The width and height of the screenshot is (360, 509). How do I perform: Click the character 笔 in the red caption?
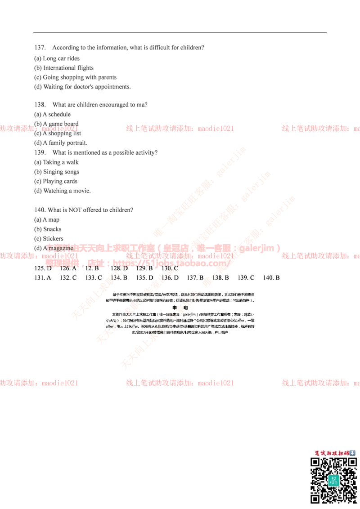pos(316,453)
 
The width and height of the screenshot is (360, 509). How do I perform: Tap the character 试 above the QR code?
pos(322,453)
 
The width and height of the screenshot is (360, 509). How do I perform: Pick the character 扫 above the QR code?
pos(340,453)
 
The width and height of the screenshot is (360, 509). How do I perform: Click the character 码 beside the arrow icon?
pos(346,453)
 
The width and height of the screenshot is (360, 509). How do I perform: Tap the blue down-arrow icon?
pos(352,453)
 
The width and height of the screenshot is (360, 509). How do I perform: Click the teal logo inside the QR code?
pos(333,480)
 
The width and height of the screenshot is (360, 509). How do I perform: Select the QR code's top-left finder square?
pos(315,463)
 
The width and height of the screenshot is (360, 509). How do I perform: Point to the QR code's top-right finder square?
pos(351,463)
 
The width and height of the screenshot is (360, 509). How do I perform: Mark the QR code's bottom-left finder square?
pos(315,498)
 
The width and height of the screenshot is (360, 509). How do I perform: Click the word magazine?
pos(60,248)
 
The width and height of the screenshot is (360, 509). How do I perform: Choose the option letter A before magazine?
pos(45,248)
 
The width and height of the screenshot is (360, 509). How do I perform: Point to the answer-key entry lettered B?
pos(93,268)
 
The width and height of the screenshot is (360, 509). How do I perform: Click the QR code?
pos(333,480)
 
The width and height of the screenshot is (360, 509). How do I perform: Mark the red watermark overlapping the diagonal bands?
pos(180,255)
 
